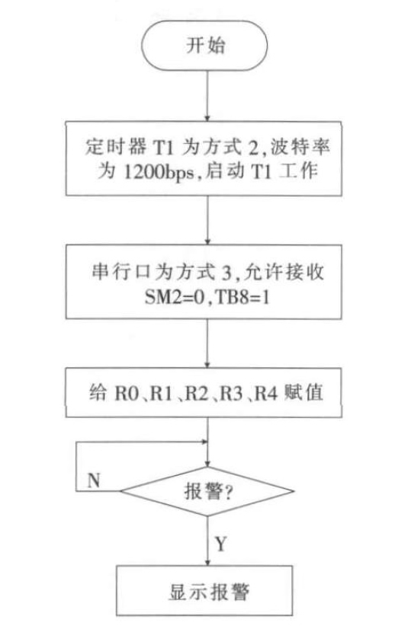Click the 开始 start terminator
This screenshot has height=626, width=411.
tap(204, 46)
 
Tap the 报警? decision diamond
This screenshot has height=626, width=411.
tap(207, 491)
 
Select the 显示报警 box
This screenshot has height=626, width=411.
tap(204, 590)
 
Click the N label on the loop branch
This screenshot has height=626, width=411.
tap(94, 481)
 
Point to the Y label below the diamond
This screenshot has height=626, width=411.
tap(220, 544)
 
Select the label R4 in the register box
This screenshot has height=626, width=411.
tap(266, 394)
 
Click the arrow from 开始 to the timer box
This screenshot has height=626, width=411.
tap(207, 96)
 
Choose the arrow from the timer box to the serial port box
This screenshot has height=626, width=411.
tap(207, 220)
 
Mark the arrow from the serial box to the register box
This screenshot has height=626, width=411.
tap(207, 343)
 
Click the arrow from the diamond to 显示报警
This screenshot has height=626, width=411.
tap(207, 541)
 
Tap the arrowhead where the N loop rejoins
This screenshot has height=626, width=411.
tap(205, 442)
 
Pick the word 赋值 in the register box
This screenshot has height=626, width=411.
tap(303, 393)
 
